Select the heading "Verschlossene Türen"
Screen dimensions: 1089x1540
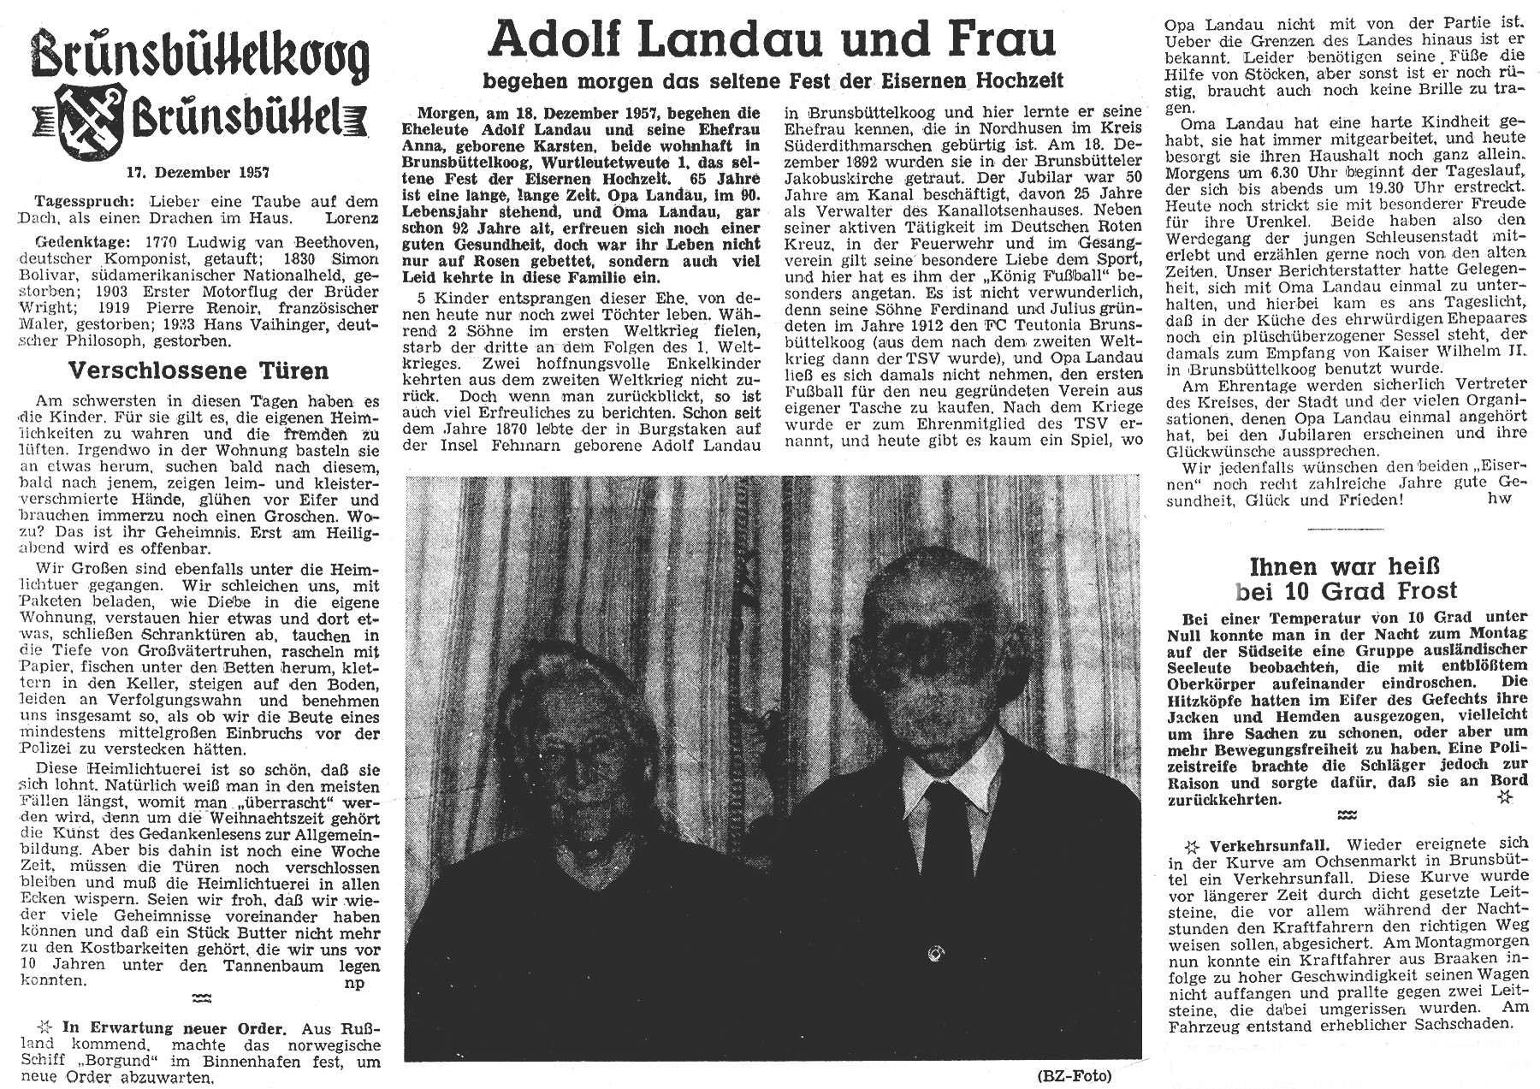[x=198, y=370]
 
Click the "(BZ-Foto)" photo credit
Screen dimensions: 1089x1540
[x=1084, y=1075]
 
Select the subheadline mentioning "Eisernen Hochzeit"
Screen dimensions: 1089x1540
[x=773, y=81]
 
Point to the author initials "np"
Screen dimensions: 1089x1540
[x=353, y=982]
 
